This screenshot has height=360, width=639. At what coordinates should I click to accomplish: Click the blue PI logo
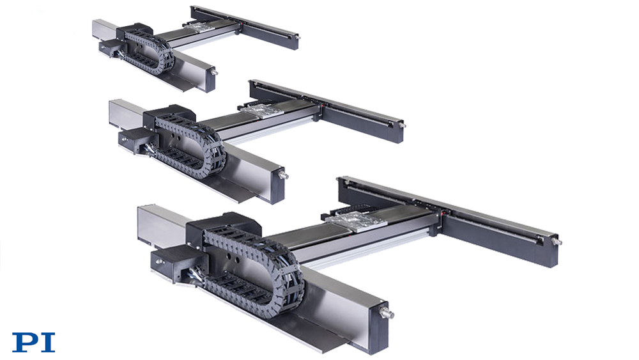point(33,343)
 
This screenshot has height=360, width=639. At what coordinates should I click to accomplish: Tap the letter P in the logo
point(26,343)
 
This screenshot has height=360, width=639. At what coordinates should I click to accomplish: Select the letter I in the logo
point(48,343)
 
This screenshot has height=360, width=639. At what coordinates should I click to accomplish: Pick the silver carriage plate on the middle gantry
point(259,111)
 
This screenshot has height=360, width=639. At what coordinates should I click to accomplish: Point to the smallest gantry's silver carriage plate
point(198,27)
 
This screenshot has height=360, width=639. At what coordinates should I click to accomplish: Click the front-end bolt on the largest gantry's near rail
point(387,314)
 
